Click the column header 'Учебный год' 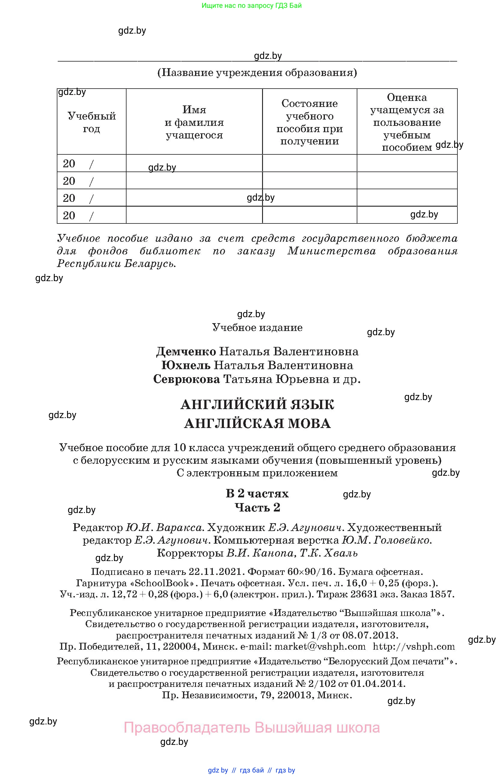(91, 122)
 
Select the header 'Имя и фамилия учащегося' (194, 122)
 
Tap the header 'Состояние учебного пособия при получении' (309, 122)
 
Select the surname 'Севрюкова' (187, 379)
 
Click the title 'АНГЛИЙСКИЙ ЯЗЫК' (257, 405)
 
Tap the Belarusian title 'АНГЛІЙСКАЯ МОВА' (257, 424)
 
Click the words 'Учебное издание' (257, 327)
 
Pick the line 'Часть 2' (257, 507)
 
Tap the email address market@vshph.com (320, 646)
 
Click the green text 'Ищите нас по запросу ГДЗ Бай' (252, 5)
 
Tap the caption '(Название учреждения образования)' (257, 72)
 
